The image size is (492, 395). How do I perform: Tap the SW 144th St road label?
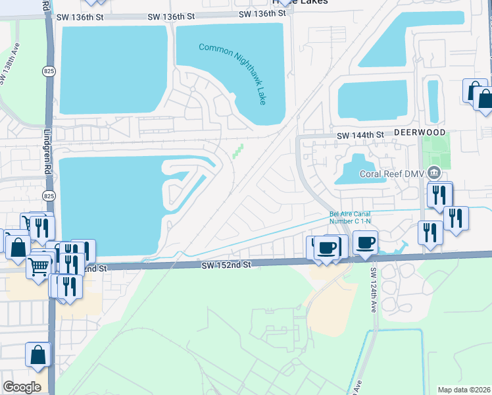[360, 135]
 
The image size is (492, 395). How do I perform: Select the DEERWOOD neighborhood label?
[420, 132]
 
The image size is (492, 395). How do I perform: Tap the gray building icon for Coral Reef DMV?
[433, 174]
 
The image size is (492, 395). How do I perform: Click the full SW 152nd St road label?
[226, 264]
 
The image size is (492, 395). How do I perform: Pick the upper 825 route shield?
[47, 74]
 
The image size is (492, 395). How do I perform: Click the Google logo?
[22, 386]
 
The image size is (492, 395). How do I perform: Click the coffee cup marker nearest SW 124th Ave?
[365, 242]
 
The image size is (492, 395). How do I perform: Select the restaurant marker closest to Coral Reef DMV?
[439, 195]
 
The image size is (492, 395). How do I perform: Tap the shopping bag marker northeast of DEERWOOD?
[484, 100]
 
